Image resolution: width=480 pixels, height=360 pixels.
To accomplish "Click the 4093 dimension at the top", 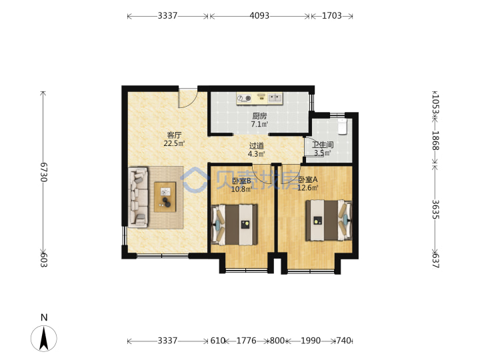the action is pos(259,15).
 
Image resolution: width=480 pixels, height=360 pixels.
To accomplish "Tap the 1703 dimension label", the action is pos(332,15).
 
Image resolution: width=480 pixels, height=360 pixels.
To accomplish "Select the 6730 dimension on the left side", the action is pos(44,172).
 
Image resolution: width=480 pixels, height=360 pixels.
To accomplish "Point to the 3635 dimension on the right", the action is pos(435,209).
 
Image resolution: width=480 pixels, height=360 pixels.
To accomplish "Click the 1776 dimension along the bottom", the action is pos(247,341).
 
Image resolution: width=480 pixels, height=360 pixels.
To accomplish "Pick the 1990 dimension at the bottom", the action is pos(311,341).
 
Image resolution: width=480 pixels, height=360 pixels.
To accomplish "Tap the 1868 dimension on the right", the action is pos(435,141).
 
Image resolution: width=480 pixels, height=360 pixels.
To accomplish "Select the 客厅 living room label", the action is pos(174,135).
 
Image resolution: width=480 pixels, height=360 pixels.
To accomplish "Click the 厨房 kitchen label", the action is pos(259,116).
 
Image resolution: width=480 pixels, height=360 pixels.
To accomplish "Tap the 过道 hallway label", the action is pos(256,146).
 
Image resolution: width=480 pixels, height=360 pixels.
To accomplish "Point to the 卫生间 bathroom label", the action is pos(323,145).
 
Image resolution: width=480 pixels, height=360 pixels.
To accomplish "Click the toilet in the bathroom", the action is pos(342,127).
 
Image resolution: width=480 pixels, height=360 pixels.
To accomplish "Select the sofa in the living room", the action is pos(138,197).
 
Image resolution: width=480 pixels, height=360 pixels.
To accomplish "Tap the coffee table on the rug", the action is pos(165,197).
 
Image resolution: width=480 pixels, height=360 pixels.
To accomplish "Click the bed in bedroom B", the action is pos(235,225).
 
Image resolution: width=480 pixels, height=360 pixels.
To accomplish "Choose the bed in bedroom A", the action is pos(329,220).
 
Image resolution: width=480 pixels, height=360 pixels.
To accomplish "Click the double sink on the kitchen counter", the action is pos(275,98).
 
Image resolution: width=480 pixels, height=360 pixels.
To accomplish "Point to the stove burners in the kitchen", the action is pos(244,98).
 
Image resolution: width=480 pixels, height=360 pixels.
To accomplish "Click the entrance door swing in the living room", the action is pos(188,98).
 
